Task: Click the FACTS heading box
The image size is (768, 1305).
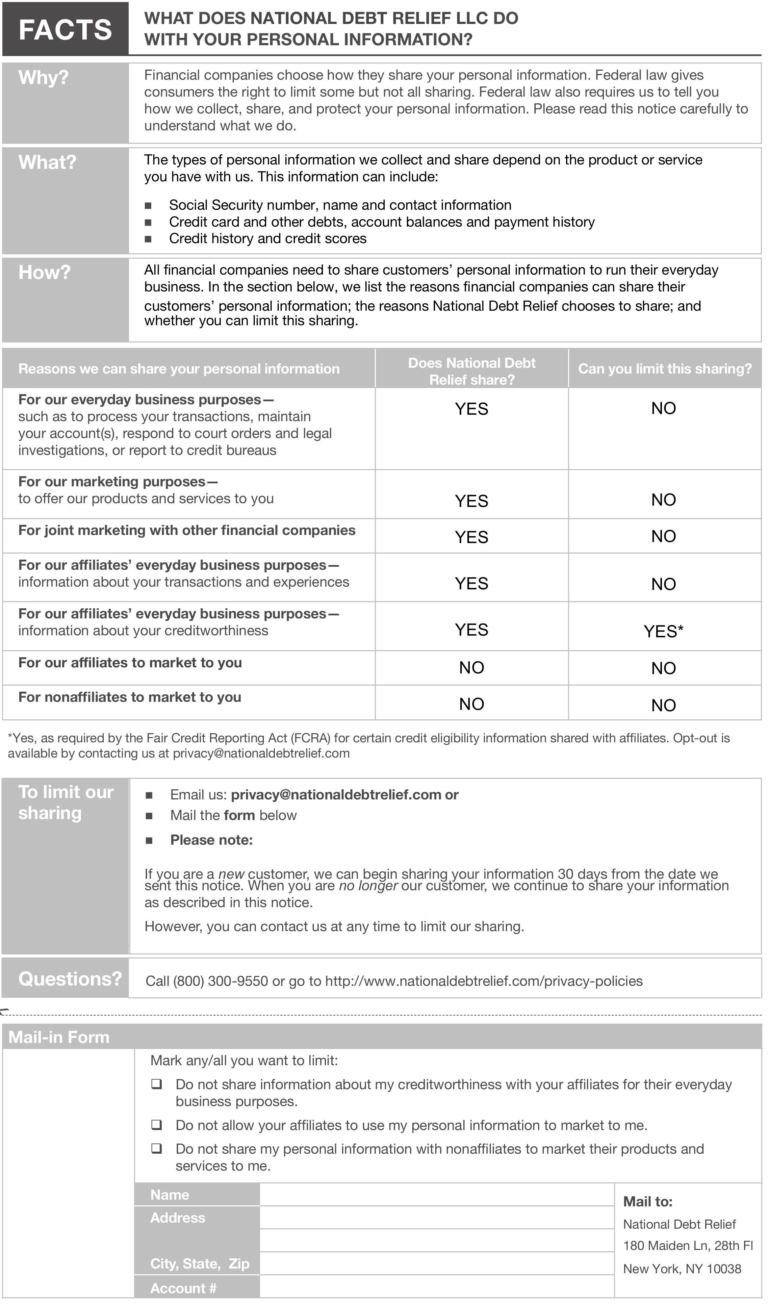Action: point(65,29)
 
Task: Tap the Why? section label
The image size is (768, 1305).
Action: point(44,78)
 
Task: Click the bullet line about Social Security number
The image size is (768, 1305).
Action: point(340,205)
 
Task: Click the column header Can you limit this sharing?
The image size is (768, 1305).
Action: point(664,369)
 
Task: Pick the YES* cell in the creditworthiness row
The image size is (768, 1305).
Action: point(663,631)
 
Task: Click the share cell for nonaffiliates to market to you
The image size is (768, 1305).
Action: point(471,704)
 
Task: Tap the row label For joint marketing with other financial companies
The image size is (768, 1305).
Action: point(187,530)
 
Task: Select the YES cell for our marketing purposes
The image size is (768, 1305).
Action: point(471,501)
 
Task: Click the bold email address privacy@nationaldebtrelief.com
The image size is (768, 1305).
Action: point(336,795)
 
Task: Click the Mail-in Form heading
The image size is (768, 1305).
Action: point(59,1037)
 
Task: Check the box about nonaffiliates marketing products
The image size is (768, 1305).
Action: point(156,1149)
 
